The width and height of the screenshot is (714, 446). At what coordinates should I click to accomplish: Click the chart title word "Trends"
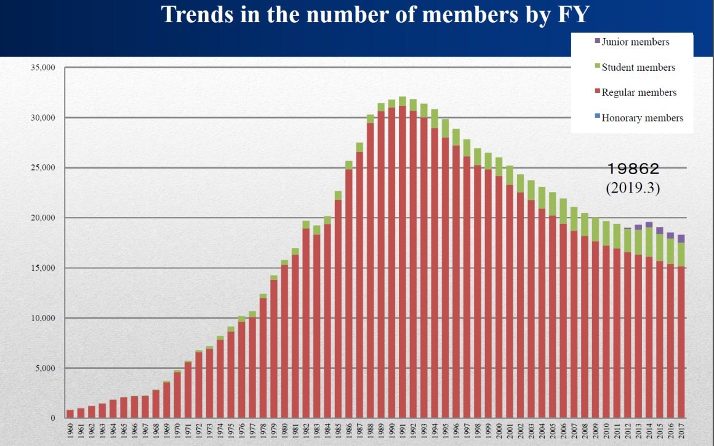click(199, 14)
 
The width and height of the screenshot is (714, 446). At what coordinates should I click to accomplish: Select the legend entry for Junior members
click(635, 42)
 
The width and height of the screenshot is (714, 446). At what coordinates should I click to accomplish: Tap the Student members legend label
click(638, 67)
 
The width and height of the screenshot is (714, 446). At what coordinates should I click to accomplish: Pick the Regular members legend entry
click(639, 92)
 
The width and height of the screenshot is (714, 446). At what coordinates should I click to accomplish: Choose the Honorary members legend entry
click(642, 117)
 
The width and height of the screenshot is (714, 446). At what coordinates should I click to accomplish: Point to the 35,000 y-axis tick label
click(42, 68)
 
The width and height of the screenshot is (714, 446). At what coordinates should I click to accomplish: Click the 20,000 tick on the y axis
click(42, 218)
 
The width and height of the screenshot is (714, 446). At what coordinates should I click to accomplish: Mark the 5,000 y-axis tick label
click(44, 368)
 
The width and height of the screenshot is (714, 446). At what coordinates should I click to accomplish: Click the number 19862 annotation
click(633, 169)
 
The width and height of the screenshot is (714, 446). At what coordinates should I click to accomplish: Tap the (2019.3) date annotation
click(633, 188)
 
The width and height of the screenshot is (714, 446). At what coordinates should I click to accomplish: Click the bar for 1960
click(70, 414)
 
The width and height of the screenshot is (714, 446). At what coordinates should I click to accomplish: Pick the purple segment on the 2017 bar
click(681, 239)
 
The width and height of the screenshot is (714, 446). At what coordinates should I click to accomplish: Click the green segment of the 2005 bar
click(552, 204)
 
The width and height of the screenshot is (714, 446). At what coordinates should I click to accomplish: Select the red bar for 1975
click(231, 375)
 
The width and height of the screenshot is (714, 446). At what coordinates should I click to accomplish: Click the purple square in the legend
click(597, 41)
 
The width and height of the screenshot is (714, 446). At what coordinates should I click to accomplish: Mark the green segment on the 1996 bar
click(456, 137)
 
